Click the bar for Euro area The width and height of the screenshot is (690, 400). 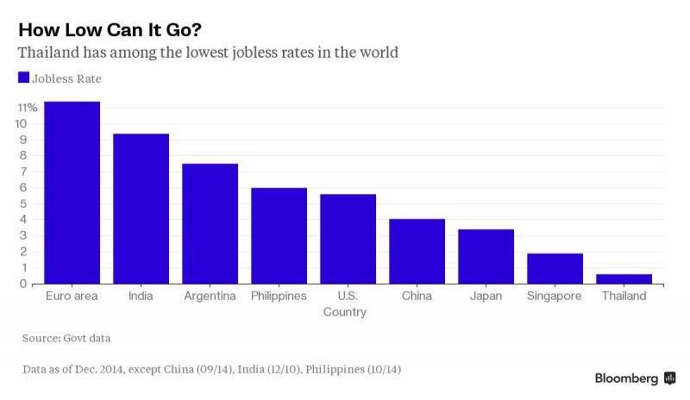(72, 193)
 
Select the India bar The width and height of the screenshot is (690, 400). (141, 209)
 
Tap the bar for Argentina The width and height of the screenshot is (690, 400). (210, 224)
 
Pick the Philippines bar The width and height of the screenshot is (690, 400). (279, 236)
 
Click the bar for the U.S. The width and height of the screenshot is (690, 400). (348, 240)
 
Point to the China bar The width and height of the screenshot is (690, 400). (417, 252)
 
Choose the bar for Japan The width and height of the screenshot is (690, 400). (486, 257)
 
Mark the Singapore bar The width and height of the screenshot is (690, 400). (555, 269)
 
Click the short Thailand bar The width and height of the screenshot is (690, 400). (624, 279)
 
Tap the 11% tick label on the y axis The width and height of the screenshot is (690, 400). (27, 108)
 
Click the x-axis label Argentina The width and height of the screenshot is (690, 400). (210, 297)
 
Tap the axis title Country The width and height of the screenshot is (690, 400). (345, 312)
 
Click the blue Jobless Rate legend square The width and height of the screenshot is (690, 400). (23, 78)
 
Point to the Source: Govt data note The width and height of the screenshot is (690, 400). (66, 339)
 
